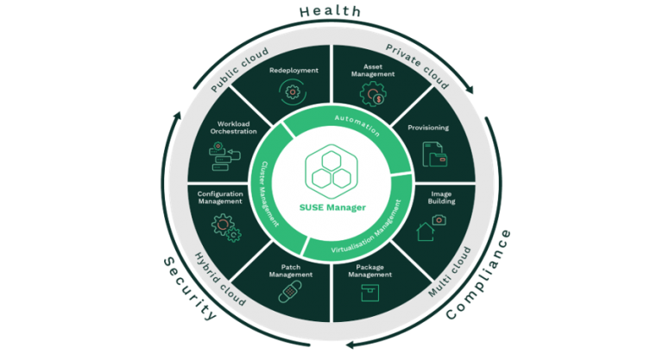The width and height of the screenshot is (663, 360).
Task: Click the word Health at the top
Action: click(x=331, y=12)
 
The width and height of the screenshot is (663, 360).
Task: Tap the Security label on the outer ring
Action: click(x=191, y=288)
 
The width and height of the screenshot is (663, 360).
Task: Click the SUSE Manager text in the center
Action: click(x=331, y=207)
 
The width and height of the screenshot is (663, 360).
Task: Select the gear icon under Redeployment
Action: click(x=294, y=91)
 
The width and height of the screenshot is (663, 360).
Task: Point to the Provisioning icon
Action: click(x=433, y=155)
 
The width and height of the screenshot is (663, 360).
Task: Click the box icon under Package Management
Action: click(x=369, y=292)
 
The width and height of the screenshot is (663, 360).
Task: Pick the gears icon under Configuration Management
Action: click(x=225, y=225)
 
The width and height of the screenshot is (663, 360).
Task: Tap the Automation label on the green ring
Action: click(x=357, y=123)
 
